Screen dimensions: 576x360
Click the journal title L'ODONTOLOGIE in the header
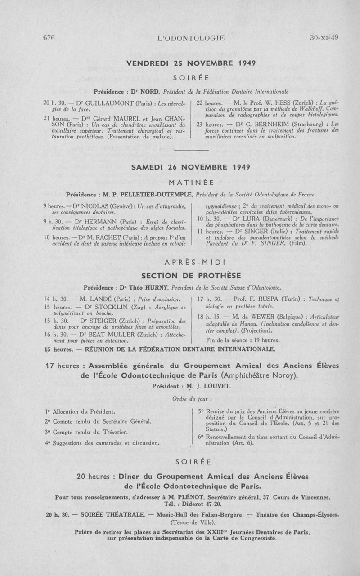[x=191, y=38]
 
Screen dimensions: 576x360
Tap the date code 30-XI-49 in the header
[x=324, y=38]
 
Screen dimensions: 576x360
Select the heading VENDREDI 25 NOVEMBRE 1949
[x=191, y=63]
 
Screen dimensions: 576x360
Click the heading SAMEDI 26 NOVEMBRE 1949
[x=191, y=167]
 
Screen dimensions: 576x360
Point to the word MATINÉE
[x=191, y=183]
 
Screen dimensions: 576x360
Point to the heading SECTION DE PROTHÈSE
[x=191, y=275]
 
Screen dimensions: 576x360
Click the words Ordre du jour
[x=192, y=398]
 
